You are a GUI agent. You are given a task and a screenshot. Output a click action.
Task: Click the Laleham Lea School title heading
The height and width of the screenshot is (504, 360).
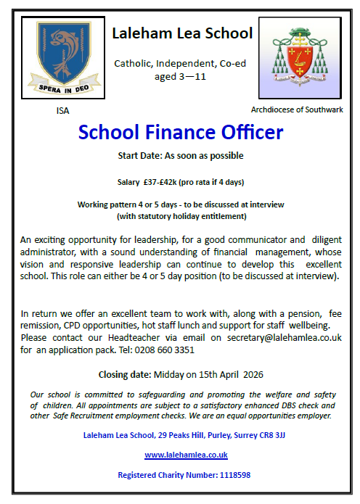click(x=181, y=33)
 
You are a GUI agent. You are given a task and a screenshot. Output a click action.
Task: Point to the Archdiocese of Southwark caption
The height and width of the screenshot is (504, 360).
click(x=297, y=110)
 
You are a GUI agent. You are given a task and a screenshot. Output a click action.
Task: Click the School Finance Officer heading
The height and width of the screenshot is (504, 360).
click(x=181, y=133)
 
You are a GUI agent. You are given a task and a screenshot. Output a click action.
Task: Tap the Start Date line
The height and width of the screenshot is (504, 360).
click(x=181, y=156)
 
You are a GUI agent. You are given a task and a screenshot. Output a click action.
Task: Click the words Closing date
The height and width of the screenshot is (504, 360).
click(x=124, y=374)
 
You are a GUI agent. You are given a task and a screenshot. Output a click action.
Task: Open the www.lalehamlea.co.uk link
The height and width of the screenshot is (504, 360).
click(x=186, y=455)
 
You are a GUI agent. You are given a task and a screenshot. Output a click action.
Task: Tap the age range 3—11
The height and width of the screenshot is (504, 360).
click(x=195, y=75)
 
